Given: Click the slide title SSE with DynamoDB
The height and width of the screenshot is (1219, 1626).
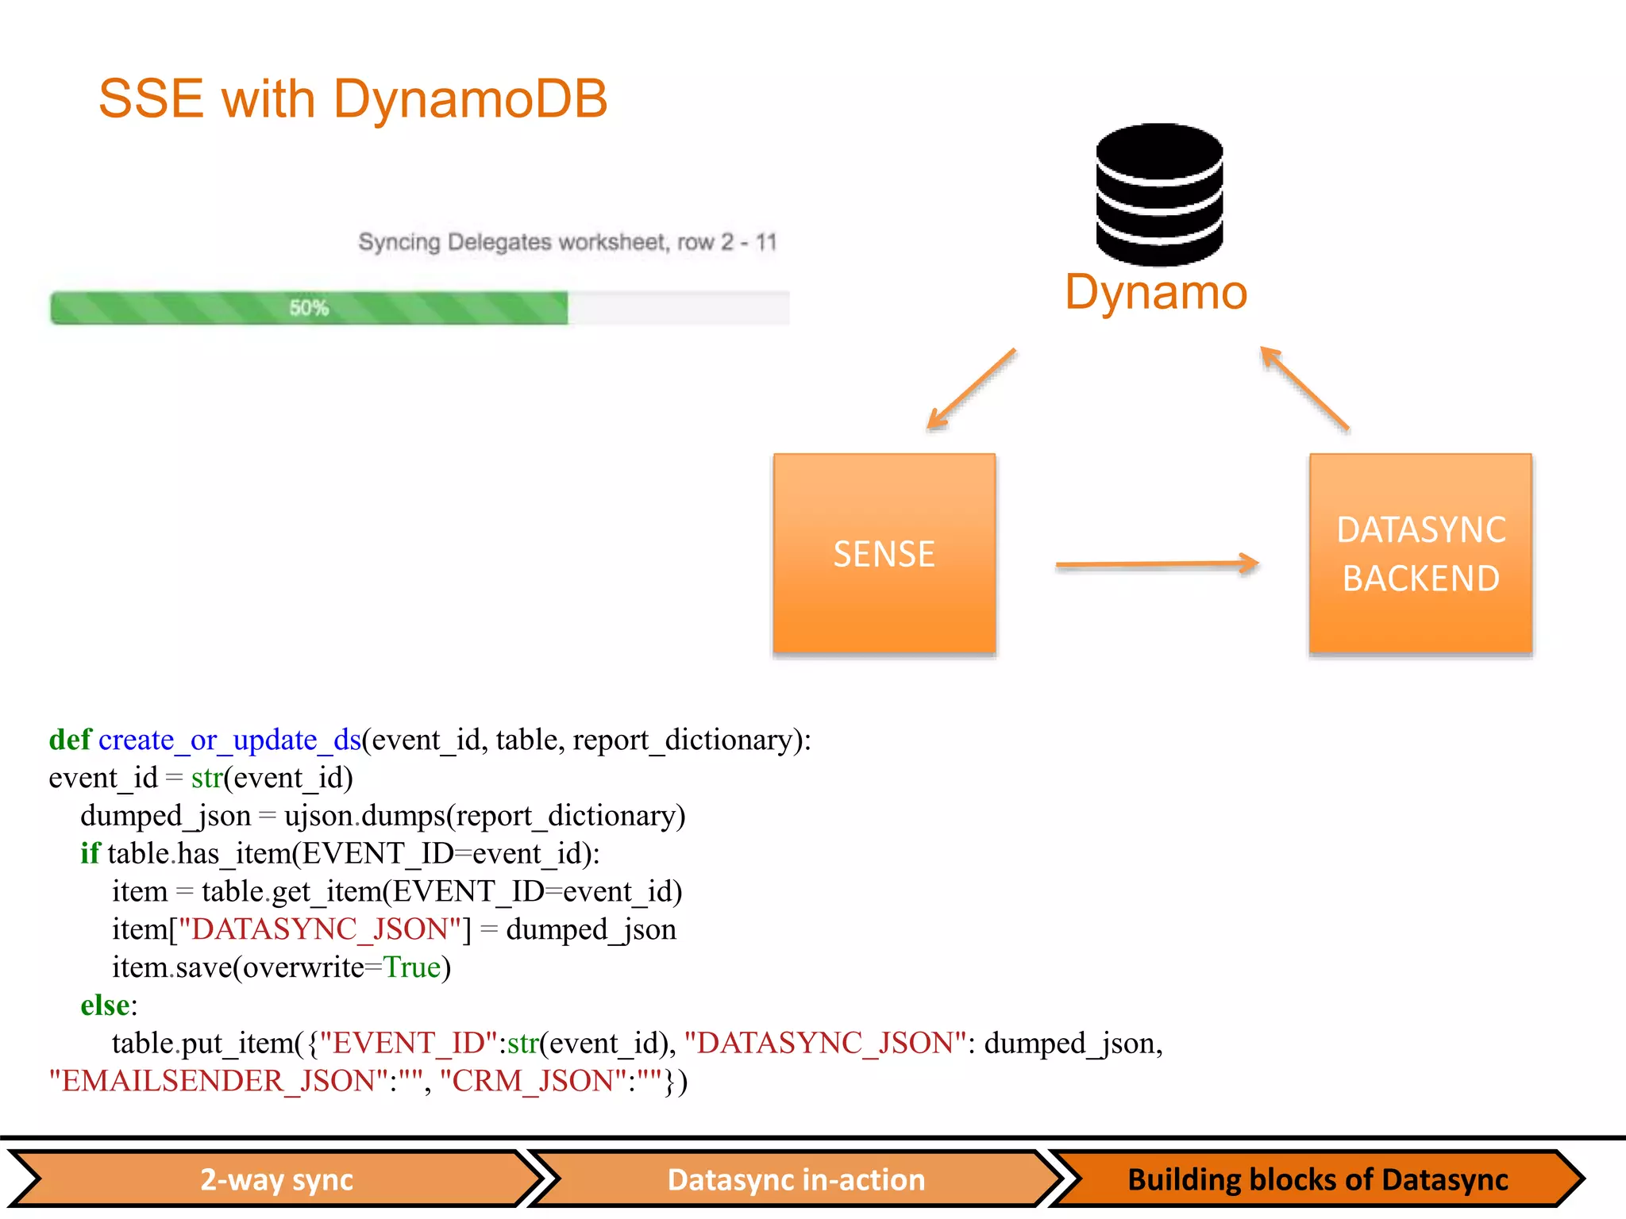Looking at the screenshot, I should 353,99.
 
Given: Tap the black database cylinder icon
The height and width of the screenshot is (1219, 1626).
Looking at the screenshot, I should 1159,194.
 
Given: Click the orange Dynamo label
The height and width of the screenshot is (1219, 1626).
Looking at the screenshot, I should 1156,292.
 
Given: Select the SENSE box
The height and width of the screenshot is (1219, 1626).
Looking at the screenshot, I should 884,553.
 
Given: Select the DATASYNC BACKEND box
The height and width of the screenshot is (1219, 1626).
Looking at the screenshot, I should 1420,553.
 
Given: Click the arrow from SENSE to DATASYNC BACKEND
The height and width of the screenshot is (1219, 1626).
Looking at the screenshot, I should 1157,564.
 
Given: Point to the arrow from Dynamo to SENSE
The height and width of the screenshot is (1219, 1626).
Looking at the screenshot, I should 972,389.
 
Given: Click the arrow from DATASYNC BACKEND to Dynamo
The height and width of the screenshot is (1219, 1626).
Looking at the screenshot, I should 1304,388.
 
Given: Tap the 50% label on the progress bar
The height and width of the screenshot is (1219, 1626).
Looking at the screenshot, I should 309,308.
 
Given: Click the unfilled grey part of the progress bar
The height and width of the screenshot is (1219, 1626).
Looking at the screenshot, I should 679,308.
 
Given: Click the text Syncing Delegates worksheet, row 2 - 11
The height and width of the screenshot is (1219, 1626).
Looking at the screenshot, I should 567,242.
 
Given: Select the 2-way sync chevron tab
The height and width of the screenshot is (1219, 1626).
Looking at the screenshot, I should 275,1179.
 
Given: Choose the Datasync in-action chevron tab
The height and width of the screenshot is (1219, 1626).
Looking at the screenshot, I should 796,1179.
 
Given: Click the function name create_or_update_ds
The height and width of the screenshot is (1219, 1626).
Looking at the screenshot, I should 230,740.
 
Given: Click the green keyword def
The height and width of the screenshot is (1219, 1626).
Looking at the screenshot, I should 70,740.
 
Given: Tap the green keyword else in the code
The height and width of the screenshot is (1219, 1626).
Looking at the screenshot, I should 105,1006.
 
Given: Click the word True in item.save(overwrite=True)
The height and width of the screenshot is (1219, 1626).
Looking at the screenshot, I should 412,967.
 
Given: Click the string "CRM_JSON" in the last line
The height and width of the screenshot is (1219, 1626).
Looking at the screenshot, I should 533,1081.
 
